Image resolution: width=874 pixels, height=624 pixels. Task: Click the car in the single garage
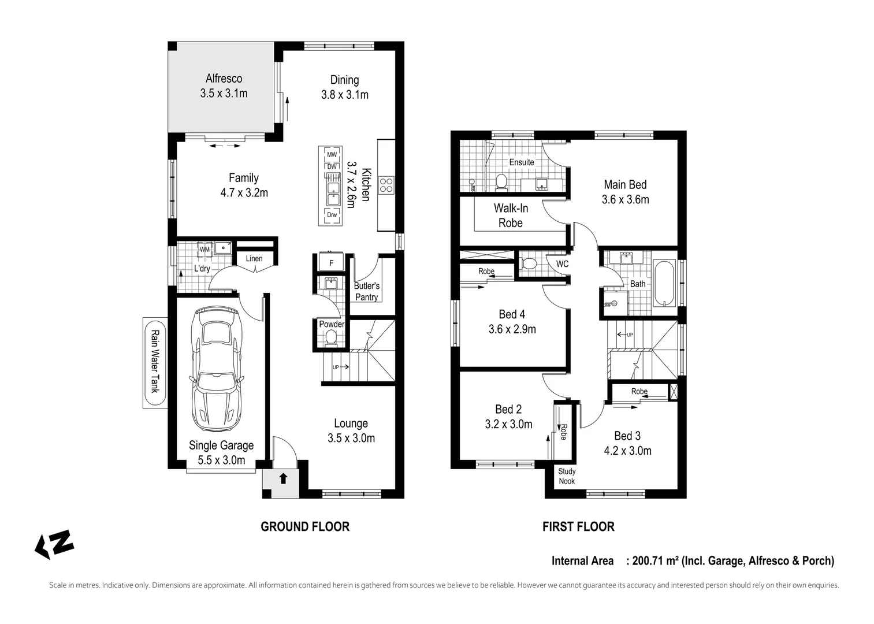click(x=216, y=369)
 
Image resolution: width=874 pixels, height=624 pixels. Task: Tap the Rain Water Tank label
click(x=155, y=362)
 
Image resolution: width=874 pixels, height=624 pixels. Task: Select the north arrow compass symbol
click(x=55, y=544)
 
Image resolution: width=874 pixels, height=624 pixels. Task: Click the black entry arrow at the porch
click(x=283, y=478)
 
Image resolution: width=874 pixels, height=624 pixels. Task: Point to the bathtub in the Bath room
click(x=664, y=283)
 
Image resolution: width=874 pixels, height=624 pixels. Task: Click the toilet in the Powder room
click(x=331, y=338)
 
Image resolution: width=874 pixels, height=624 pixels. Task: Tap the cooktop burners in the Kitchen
click(x=386, y=185)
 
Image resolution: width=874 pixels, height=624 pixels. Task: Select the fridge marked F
click(x=331, y=262)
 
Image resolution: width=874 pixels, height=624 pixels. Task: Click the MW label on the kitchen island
click(x=332, y=155)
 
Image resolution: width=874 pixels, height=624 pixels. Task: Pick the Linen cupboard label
click(x=254, y=258)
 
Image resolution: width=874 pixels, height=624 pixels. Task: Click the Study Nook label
click(x=567, y=476)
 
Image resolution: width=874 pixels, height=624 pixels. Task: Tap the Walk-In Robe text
click(x=511, y=216)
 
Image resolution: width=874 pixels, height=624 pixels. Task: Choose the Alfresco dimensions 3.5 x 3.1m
click(x=224, y=93)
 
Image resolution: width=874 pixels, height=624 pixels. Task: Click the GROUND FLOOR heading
click(x=305, y=526)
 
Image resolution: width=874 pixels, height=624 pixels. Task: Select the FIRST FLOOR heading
click(x=578, y=526)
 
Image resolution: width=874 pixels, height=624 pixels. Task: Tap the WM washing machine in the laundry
click(x=205, y=249)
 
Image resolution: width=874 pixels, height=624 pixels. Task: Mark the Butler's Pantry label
click(x=367, y=292)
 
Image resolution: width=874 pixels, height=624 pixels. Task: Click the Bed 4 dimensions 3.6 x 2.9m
click(x=512, y=329)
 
